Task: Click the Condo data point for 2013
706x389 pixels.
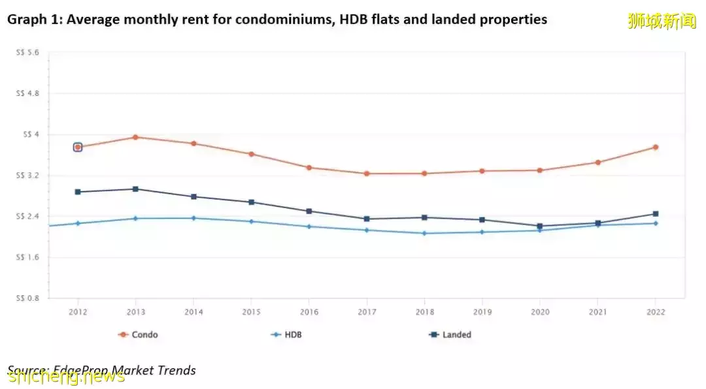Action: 135,137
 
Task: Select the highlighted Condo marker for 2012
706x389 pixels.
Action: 78,148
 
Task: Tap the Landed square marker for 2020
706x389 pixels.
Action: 539,226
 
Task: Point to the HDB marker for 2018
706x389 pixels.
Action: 424,233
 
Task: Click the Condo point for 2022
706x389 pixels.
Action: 655,148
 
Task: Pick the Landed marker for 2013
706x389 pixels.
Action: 135,189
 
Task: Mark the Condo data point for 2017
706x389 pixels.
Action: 366,174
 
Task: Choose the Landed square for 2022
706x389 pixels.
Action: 655,214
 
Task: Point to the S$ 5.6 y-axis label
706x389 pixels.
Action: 28,53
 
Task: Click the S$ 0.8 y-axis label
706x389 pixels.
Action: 28,298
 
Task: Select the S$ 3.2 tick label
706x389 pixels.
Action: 28,176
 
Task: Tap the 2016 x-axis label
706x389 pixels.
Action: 309,312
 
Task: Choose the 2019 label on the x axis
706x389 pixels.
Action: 482,312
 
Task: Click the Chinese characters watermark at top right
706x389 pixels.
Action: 662,21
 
